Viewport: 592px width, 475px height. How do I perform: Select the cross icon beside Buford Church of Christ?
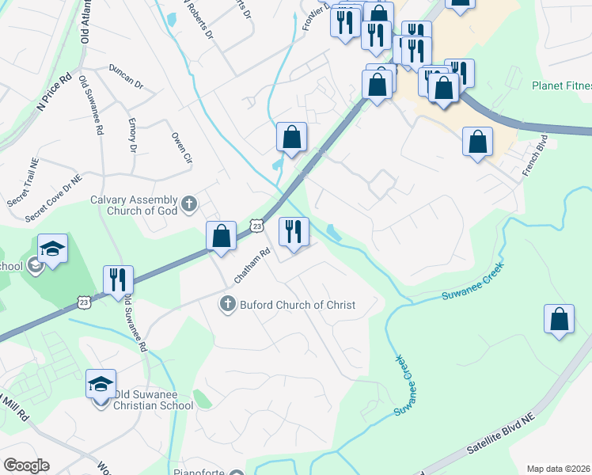[227, 304]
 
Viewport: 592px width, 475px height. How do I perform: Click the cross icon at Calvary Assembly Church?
[188, 205]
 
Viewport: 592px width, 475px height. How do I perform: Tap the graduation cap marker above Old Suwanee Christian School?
[101, 385]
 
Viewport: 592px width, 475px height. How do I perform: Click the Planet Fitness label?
[561, 85]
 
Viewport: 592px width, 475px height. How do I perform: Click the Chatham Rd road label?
[252, 266]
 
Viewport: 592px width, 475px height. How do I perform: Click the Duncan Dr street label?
[126, 76]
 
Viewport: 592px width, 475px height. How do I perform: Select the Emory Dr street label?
[132, 136]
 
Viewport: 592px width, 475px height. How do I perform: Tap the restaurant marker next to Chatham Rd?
[294, 232]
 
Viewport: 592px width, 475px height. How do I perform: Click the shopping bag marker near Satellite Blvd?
[559, 319]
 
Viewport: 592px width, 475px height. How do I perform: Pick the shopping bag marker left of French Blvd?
[477, 142]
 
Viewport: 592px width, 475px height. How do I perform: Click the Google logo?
[26, 465]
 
